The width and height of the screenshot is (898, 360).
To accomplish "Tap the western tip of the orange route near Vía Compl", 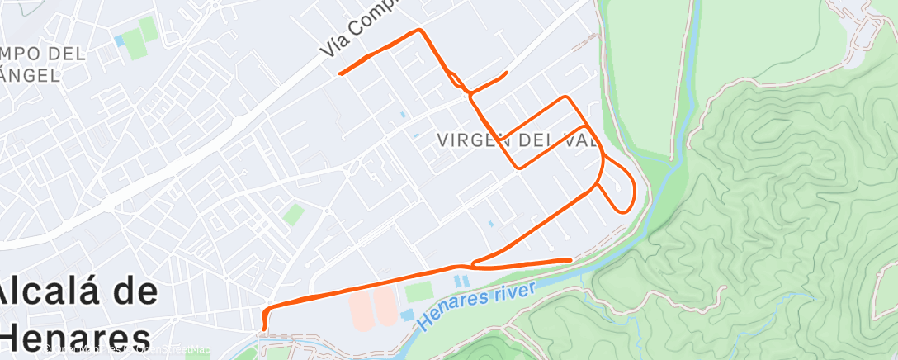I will (340, 73).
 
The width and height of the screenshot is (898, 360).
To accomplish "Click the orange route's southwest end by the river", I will (264, 329).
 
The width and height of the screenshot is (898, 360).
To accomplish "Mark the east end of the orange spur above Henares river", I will (570, 260).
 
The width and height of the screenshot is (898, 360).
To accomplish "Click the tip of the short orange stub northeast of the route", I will (506, 73).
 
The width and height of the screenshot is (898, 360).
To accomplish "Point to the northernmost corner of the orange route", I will (420, 31).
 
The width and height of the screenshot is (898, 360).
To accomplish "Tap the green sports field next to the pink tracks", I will (418, 291).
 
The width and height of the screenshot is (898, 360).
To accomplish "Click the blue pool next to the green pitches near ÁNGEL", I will (120, 39).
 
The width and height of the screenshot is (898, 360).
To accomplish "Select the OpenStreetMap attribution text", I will (165, 350).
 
